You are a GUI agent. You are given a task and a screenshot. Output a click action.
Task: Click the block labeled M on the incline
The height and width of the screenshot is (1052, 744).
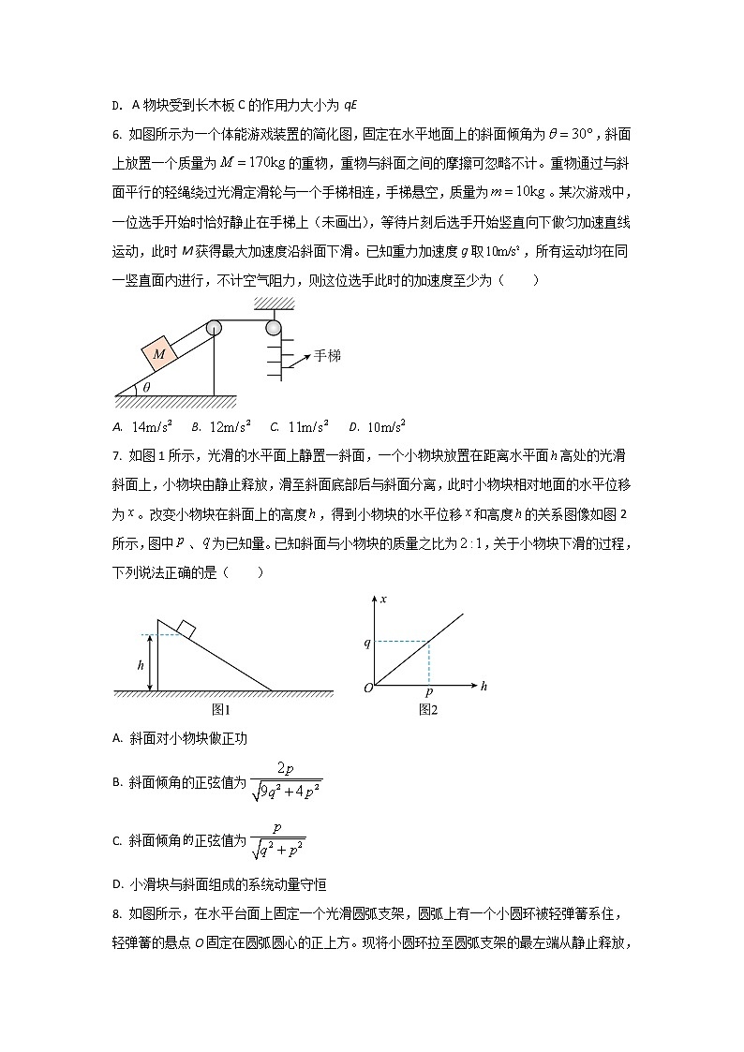click(x=159, y=354)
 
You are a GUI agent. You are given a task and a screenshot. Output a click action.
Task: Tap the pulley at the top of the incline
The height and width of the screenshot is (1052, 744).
click(x=214, y=328)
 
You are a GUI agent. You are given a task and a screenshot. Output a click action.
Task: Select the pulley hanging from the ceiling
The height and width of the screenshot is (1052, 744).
click(x=273, y=328)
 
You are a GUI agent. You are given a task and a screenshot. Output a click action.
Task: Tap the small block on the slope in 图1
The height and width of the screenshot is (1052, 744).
click(x=186, y=630)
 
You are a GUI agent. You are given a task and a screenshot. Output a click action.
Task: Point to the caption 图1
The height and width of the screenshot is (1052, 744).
click(x=221, y=710)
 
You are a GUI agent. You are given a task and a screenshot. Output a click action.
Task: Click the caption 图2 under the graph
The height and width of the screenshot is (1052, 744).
click(x=428, y=710)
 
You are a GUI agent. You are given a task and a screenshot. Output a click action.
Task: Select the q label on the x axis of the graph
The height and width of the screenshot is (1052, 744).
click(x=367, y=643)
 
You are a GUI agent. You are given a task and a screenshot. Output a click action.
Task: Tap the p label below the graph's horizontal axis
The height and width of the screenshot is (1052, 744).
click(x=428, y=694)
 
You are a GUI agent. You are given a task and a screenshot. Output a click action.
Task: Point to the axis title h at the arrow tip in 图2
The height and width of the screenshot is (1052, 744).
click(x=484, y=687)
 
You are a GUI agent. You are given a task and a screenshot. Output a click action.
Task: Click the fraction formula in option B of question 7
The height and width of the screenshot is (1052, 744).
click(x=286, y=780)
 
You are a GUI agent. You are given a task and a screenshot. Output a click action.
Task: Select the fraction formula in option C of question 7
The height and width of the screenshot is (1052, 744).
click(x=277, y=840)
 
